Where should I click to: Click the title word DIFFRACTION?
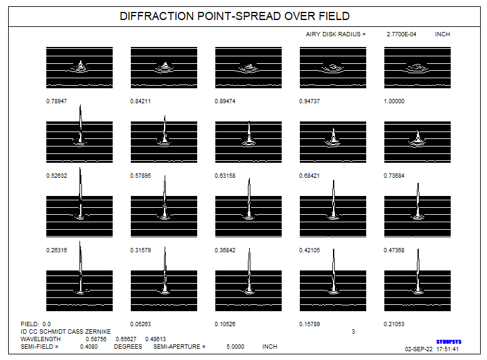pyautogui.click(x=156, y=16)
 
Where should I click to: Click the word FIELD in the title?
pyautogui.click(x=334, y=16)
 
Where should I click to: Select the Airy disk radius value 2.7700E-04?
pyautogui.click(x=401, y=34)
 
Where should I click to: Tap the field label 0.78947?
pyautogui.click(x=56, y=101)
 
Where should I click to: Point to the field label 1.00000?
pyautogui.click(x=394, y=101)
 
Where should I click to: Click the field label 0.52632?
pyautogui.click(x=56, y=176)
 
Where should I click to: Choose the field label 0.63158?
pyautogui.click(x=225, y=176)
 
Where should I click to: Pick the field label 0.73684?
pyautogui.click(x=394, y=176)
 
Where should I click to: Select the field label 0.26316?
pyautogui.click(x=56, y=250)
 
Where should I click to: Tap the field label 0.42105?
pyautogui.click(x=309, y=250)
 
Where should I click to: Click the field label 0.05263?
pyautogui.click(x=140, y=324)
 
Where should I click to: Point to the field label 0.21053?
pyautogui.click(x=394, y=324)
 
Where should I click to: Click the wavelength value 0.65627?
pyautogui.click(x=126, y=339)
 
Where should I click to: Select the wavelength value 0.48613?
pyautogui.click(x=155, y=339)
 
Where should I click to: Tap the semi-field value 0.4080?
pyautogui.click(x=89, y=347)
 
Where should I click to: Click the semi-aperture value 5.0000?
pyautogui.click(x=235, y=347)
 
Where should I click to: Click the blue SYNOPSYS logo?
pyautogui.click(x=449, y=342)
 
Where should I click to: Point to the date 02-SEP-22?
pyautogui.click(x=418, y=349)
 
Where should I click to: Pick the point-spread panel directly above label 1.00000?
pyautogui.click(x=418, y=68)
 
